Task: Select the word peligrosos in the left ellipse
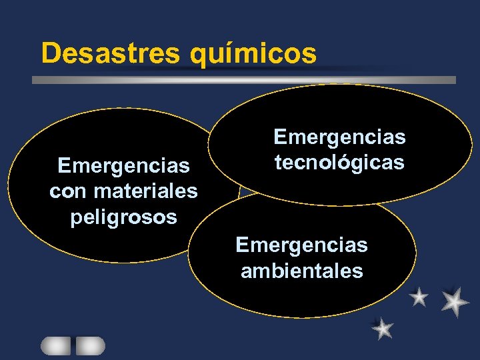coord(123,217)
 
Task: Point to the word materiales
coord(146,191)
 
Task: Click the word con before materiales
coord(69,192)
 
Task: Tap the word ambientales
coord(301,271)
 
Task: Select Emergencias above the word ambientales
coord(301,245)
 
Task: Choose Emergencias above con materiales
coord(123,164)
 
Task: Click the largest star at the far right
coord(455,301)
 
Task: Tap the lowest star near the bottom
coord(383,328)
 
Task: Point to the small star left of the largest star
coord(419,297)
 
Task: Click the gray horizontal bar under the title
coord(244,80)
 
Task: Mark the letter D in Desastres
coord(50,53)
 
